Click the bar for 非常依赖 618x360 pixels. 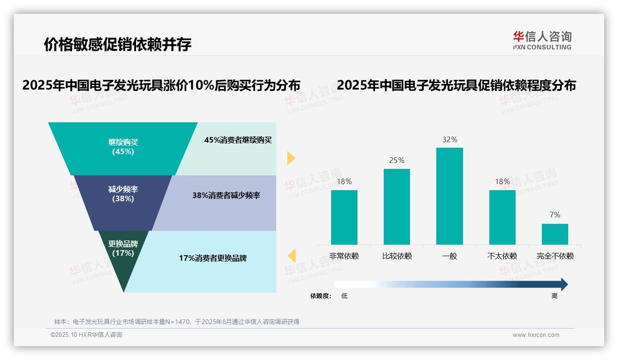tap(344, 217)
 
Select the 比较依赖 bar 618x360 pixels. tap(397, 206)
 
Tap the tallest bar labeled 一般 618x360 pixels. tap(449, 196)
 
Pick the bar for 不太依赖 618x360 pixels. tap(502, 217)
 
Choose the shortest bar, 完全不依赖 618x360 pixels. tap(555, 234)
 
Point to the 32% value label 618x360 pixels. tap(449, 139)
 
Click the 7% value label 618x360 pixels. tap(555, 215)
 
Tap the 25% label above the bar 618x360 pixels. tap(397, 160)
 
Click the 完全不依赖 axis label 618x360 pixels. tap(555, 256)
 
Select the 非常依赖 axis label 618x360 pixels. tap(344, 256)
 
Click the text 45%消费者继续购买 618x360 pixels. tap(238, 140)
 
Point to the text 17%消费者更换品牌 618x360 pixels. tap(213, 258)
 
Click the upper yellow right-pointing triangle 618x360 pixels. tap(291, 158)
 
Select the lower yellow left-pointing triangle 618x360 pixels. tap(291, 256)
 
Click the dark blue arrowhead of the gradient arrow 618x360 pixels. tap(564, 284)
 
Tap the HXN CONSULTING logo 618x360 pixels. tap(542, 41)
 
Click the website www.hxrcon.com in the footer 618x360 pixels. tap(536, 335)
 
